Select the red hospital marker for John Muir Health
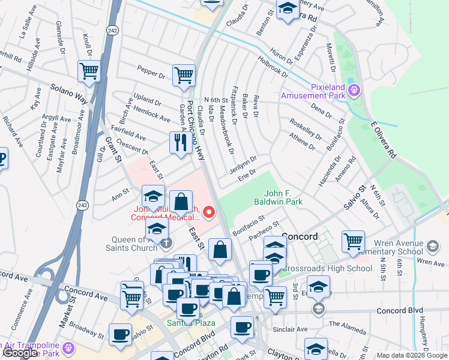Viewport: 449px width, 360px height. pos(209,212)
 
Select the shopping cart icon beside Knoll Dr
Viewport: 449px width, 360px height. pos(89,71)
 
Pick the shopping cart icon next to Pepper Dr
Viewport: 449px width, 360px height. pos(184,76)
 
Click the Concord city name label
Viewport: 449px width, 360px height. pos(300,236)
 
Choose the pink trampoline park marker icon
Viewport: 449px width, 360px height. pos(70,347)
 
